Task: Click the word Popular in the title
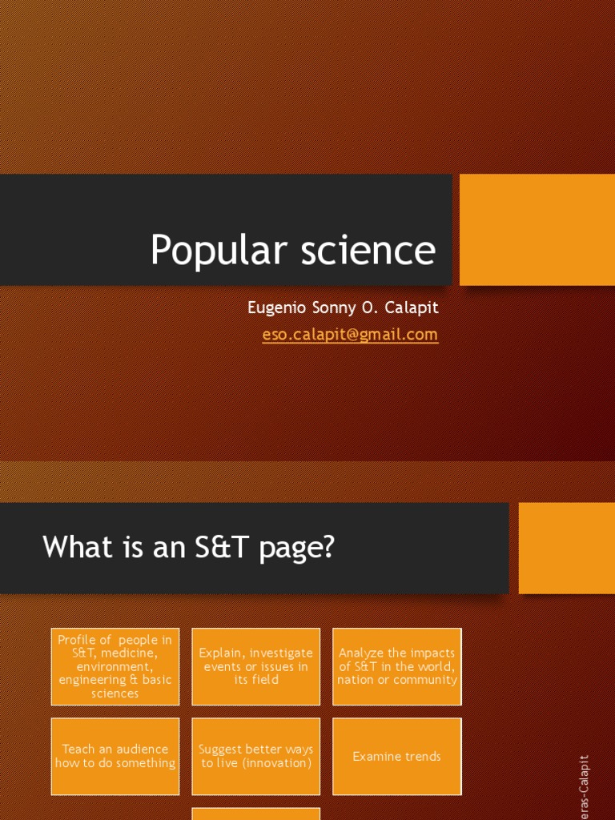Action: [x=206, y=251]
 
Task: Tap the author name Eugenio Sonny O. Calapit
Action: [x=344, y=308]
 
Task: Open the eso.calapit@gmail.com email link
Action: [x=350, y=335]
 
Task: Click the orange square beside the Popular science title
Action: [x=537, y=230]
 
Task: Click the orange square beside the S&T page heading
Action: [x=566, y=548]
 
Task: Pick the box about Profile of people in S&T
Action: [x=115, y=666]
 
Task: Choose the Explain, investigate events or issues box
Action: [x=256, y=666]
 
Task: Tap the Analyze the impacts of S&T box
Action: [x=397, y=666]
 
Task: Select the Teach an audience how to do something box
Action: [x=115, y=756]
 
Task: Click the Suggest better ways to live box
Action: [x=256, y=756]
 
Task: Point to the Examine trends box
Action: [x=397, y=756]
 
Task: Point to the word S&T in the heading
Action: [x=227, y=548]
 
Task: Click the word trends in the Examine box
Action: [x=421, y=756]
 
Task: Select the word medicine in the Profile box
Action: [x=134, y=653]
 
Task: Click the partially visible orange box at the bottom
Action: [x=256, y=814]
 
